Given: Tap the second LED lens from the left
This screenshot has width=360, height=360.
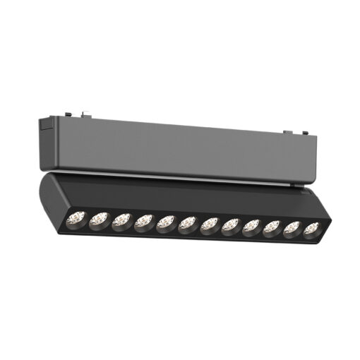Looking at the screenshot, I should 98,220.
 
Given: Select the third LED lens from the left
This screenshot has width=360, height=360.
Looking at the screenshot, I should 121,222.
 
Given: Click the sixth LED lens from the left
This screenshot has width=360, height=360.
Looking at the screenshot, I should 188,225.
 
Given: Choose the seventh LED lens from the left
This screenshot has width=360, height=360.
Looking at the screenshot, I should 210,226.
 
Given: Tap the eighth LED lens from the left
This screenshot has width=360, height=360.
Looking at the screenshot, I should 232,227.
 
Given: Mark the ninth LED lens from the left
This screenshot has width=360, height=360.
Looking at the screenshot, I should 253,228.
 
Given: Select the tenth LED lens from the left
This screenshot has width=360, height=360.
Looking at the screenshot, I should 272,229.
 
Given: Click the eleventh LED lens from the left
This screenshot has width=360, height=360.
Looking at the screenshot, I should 292,229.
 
